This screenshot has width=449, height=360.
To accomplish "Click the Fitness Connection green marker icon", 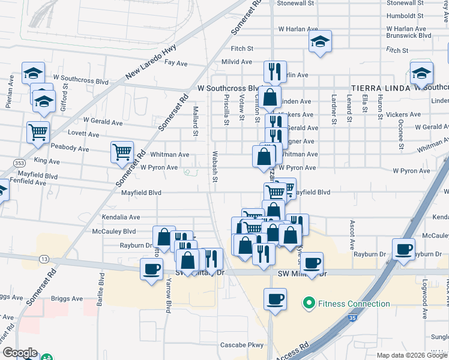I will tap(309, 304).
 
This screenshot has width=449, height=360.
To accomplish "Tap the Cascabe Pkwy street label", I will tap(242, 345).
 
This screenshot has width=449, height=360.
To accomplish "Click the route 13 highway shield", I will tap(44, 259).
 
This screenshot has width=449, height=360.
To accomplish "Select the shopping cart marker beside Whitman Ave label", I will tap(122, 152).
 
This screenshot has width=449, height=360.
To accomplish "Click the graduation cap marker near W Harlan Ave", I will tap(320, 41).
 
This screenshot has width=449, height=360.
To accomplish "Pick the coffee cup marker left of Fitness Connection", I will tap(276, 299).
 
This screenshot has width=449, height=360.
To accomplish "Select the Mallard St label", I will tap(195, 120).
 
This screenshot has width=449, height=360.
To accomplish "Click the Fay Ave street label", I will tap(176, 63).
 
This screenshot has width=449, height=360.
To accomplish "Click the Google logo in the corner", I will tap(20, 353).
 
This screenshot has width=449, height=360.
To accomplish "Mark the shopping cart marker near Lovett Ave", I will tap(38, 131).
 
